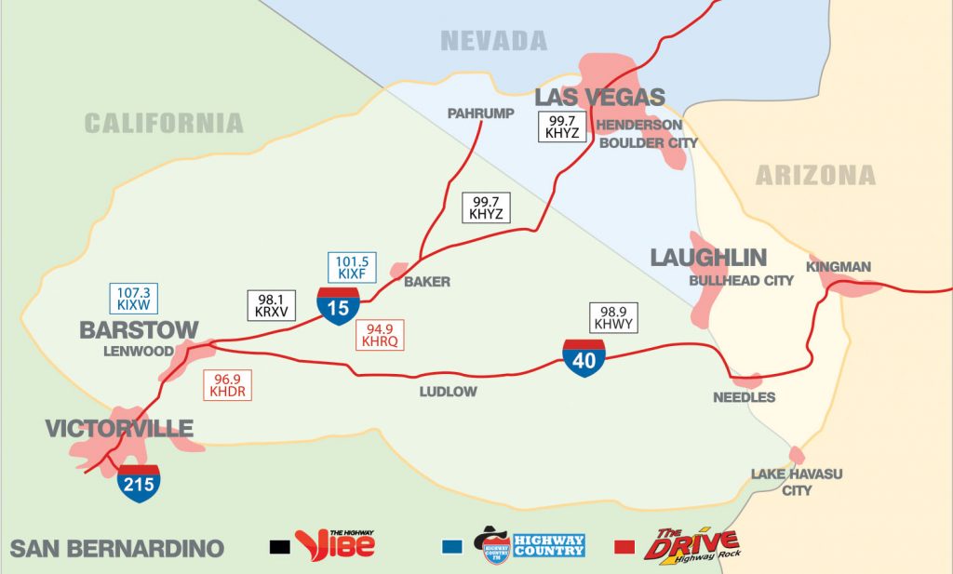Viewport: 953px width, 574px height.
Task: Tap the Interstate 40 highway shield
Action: [x=584, y=358]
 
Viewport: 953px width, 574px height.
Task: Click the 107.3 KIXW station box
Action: [x=134, y=298]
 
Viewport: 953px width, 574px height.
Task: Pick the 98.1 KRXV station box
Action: [x=268, y=305]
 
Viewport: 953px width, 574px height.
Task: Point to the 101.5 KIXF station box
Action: [x=353, y=267]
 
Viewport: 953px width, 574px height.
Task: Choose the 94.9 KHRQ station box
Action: [x=382, y=335]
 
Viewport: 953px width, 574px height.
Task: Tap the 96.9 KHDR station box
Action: [x=228, y=385]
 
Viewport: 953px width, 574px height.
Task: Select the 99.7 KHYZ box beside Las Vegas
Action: [x=563, y=126]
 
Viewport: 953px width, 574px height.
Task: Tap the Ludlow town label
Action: [x=449, y=392]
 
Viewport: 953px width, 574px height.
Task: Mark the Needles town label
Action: [x=744, y=397]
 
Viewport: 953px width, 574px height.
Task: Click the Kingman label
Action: [x=839, y=267]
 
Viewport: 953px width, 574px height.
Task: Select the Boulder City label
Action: [x=648, y=142]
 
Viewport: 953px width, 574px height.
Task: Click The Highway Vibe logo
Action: [x=335, y=543]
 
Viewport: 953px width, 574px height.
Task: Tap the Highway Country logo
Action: [x=529, y=543]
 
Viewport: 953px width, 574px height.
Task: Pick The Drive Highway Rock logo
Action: [x=691, y=543]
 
